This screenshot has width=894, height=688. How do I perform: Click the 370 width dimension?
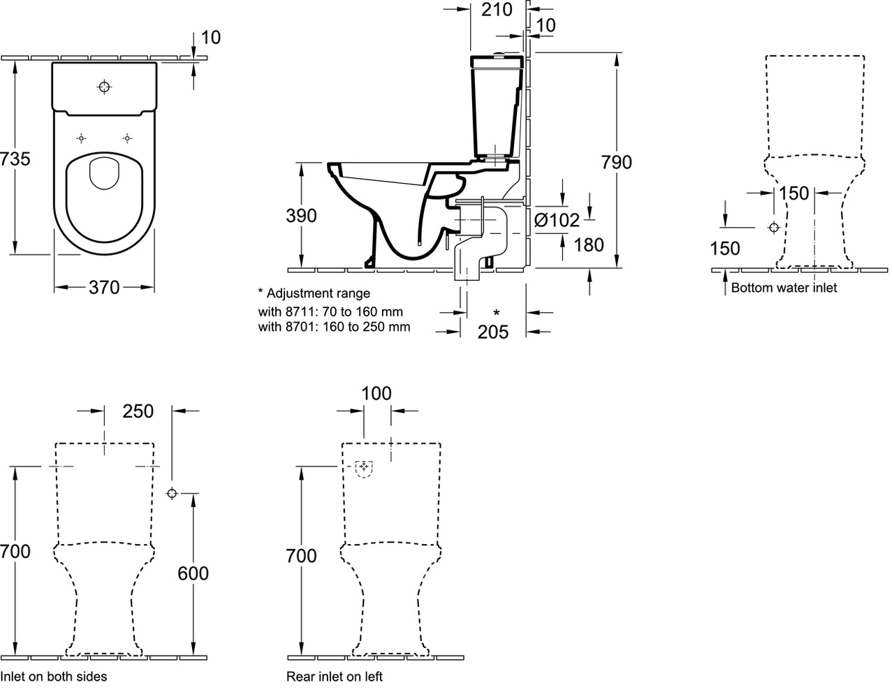pyautogui.click(x=105, y=287)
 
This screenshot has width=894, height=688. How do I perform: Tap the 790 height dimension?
pyautogui.click(x=616, y=162)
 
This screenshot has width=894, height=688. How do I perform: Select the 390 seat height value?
pyautogui.click(x=302, y=216)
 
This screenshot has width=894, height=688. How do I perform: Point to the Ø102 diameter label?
pyautogui.click(x=557, y=220)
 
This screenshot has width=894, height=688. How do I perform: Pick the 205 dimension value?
pyautogui.click(x=493, y=332)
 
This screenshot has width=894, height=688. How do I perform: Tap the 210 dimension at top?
pyautogui.click(x=497, y=10)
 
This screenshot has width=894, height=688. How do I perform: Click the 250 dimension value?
pyautogui.click(x=138, y=411)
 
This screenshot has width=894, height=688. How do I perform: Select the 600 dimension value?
pyautogui.click(x=193, y=573)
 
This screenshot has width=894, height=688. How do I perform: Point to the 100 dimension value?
pyautogui.click(x=376, y=394)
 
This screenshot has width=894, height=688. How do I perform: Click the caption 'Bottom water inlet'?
pyautogui.click(x=784, y=288)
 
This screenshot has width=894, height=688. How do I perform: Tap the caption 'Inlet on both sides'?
pyautogui.click(x=54, y=676)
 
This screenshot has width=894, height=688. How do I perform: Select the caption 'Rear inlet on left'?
pyautogui.click(x=335, y=676)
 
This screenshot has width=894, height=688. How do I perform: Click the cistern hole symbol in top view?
pyautogui.click(x=105, y=87)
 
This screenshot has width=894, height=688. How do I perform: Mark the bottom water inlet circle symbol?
pyautogui.click(x=773, y=228)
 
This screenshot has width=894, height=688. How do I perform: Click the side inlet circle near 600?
pyautogui.click(x=172, y=493)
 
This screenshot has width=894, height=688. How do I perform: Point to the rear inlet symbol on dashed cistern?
pyautogui.click(x=364, y=467)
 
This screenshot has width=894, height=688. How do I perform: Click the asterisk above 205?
pyautogui.click(x=496, y=313)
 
